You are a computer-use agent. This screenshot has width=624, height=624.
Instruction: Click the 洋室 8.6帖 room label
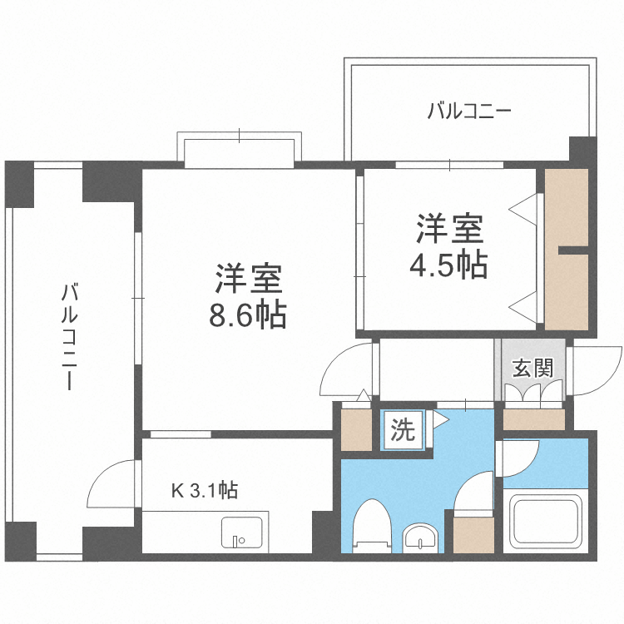click(x=250, y=296)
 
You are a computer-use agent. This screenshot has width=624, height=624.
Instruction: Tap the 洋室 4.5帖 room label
click(x=448, y=245)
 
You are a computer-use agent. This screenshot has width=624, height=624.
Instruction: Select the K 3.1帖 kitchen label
click(x=205, y=491)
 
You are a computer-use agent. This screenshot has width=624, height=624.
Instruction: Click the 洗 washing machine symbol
click(x=403, y=430)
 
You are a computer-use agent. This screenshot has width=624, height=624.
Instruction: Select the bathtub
click(x=545, y=521)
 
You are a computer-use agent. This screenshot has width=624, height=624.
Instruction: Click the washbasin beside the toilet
click(x=420, y=538)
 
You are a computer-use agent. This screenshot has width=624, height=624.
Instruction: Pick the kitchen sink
click(x=242, y=532)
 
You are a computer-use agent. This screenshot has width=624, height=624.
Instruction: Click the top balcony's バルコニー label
click(x=468, y=111)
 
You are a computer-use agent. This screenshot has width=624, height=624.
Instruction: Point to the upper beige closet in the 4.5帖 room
click(x=567, y=207)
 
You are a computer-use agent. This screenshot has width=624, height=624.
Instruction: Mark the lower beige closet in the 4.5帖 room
click(x=567, y=291)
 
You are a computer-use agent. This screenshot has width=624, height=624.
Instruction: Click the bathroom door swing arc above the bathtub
click(x=517, y=458)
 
